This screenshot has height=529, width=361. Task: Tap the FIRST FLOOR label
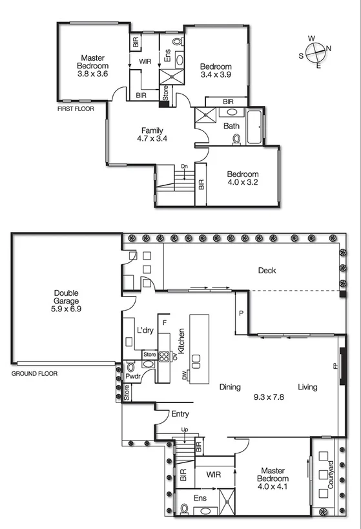coord(75,109)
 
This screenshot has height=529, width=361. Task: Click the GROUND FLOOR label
coord(34,373)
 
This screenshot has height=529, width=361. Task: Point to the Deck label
coord(267,270)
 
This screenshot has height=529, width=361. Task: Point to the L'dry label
coord(145,331)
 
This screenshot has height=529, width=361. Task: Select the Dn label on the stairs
coord(184,167)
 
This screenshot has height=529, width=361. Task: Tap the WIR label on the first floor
coord(145,62)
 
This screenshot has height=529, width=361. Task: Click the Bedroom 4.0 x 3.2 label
coord(242,178)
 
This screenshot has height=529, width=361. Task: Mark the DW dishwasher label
coord(185,375)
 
